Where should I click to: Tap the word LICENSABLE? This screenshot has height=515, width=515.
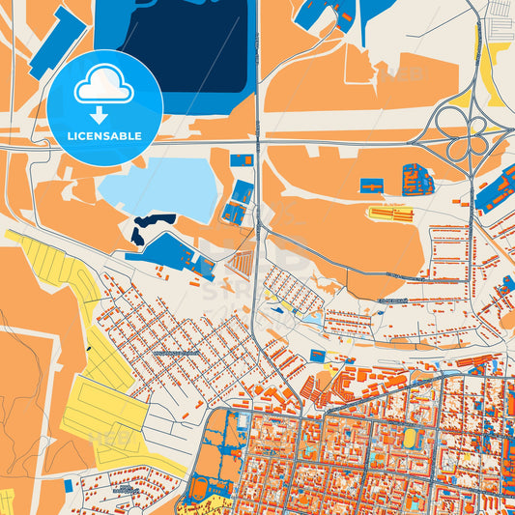(x=104, y=136)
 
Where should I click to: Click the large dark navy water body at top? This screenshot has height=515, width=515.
(x=184, y=43)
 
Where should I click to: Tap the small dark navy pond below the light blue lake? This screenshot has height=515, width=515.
(x=153, y=225)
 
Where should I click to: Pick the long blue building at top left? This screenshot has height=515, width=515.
(x=58, y=43)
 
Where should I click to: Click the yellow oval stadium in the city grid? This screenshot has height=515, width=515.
(x=410, y=439)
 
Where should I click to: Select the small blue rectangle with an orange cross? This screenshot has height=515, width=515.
(x=371, y=185)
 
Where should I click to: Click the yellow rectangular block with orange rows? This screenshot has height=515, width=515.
(x=390, y=212)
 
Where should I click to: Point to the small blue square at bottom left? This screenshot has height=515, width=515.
(x=69, y=485)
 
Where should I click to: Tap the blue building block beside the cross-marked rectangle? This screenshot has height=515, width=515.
(x=416, y=180)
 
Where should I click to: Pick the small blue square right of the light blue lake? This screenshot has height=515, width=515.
(x=242, y=159)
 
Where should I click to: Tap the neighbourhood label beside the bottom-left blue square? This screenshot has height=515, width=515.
(x=121, y=491)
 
